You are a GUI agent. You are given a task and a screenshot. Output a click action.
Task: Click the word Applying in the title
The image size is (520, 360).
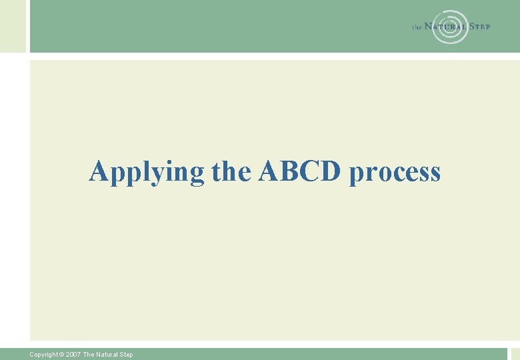click(147, 172)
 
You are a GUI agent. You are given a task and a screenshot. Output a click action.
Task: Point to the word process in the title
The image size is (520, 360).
click(395, 173)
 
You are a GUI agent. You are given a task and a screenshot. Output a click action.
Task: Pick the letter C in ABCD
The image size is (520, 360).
click(310, 171)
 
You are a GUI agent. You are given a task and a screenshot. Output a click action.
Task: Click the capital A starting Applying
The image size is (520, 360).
click(99, 171)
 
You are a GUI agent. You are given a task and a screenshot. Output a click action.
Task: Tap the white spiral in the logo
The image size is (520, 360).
click(450, 27)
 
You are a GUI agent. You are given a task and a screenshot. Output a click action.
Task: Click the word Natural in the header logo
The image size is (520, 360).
click(446, 27)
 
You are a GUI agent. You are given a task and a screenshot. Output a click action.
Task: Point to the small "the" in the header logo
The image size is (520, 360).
click(417, 27)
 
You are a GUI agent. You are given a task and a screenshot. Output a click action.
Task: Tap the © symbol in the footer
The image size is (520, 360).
click(63, 355)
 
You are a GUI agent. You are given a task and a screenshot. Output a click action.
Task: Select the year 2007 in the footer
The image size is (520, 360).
click(73, 355)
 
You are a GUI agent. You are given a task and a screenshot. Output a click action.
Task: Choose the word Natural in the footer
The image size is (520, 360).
click(106, 355)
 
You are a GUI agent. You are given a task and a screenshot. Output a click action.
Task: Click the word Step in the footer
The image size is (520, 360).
click(126, 355)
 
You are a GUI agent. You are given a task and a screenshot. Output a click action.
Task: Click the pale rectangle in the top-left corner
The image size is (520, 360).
click(12, 25)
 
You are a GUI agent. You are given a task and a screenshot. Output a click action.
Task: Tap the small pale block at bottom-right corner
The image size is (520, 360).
click(515, 354)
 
